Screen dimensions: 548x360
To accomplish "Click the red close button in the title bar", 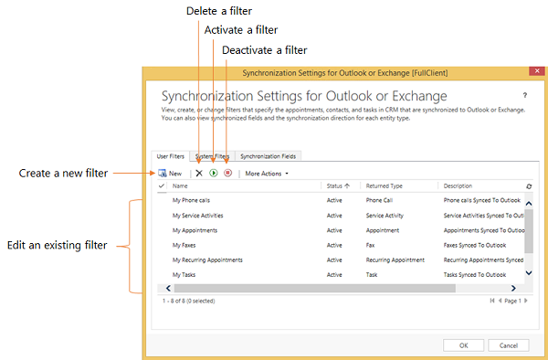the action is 537,71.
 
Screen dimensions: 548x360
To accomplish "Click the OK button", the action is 463,345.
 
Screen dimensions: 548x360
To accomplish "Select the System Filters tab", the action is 212,156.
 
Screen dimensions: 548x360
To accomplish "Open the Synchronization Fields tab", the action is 268,156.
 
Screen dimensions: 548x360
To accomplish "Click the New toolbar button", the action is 170,174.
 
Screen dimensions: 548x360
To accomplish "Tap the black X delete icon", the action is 199,173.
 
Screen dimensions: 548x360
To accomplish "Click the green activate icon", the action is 214,173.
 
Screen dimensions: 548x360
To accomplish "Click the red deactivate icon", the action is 227,173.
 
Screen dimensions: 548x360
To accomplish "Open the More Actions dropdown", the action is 267,174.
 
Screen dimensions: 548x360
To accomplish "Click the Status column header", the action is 338,186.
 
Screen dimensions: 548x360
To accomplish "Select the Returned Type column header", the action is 385,186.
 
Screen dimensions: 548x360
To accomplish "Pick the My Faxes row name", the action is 184,246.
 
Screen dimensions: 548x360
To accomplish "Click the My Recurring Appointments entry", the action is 207,260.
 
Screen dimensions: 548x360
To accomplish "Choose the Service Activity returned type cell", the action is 385,216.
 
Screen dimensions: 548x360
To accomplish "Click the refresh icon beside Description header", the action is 529,186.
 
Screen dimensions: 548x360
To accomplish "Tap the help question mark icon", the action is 524,95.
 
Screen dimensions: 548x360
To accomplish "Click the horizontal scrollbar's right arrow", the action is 513,288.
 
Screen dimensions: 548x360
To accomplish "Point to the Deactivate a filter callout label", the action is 265,50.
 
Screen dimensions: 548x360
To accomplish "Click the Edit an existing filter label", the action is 57,246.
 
